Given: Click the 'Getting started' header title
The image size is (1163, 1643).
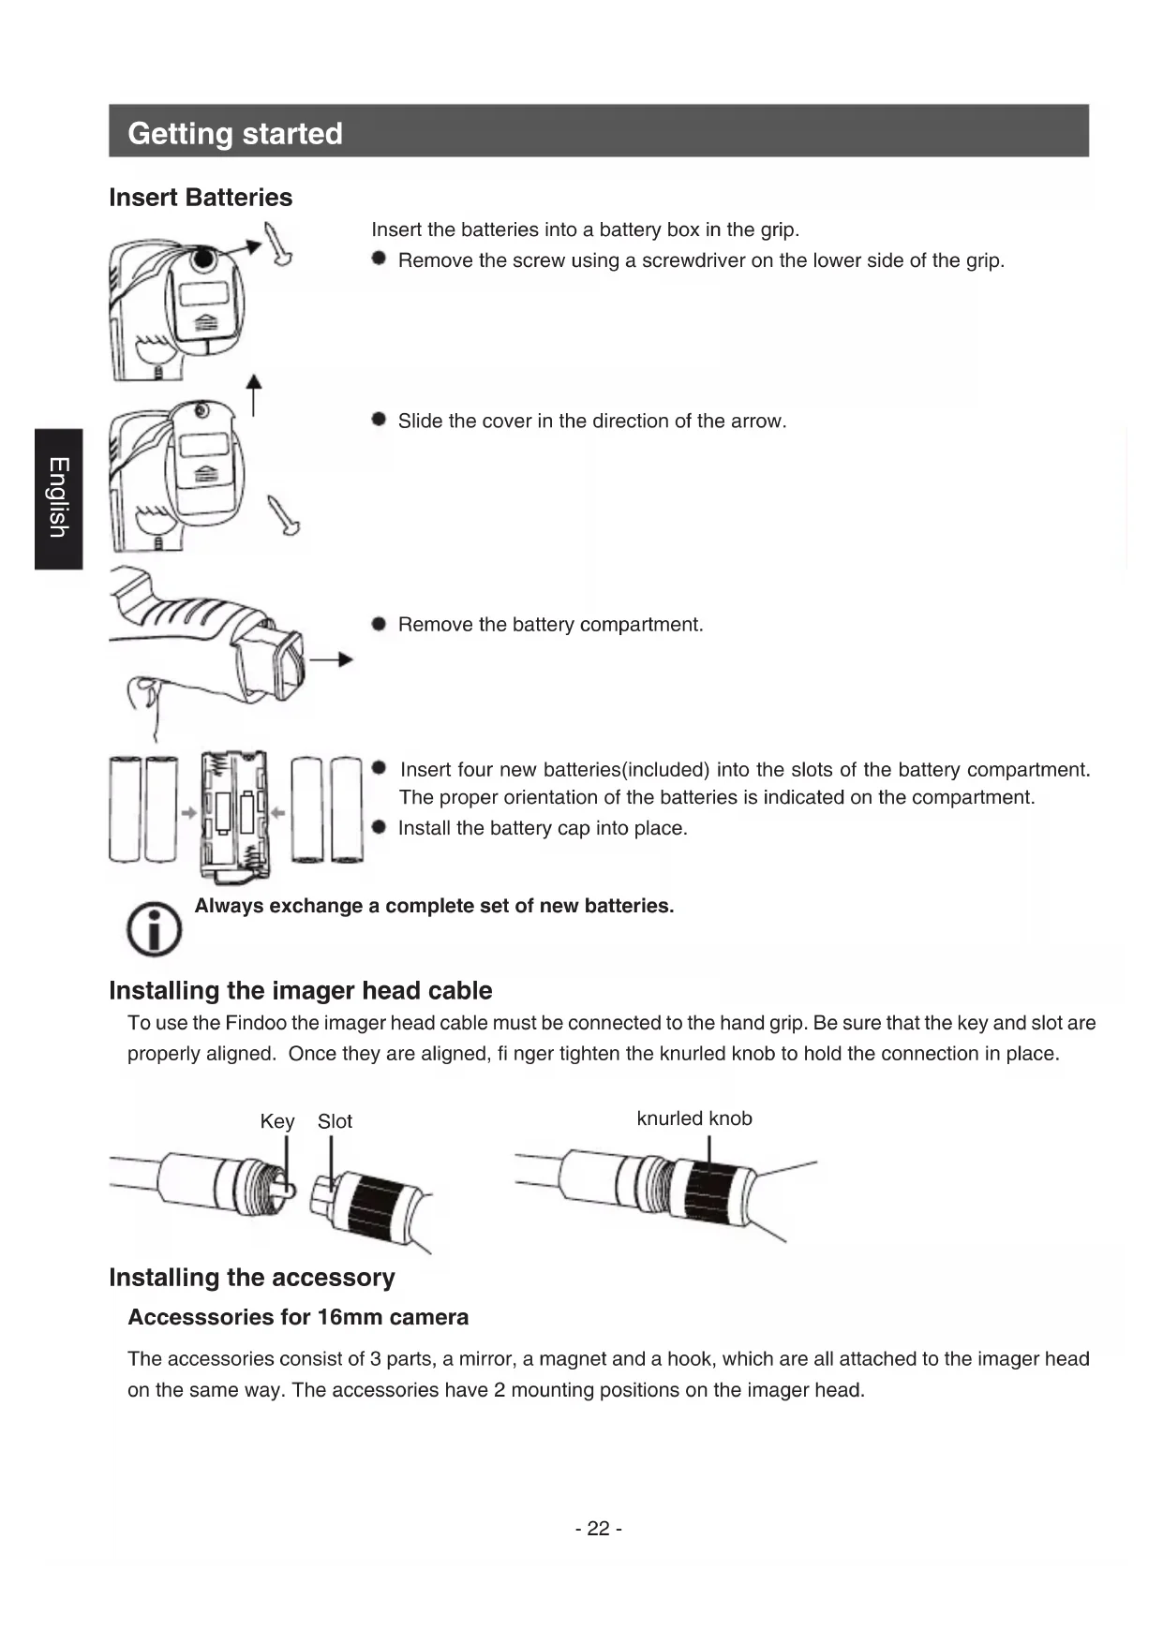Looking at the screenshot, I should pyautogui.click(x=235, y=133).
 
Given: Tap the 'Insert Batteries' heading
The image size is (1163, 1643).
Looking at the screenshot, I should pyautogui.click(x=201, y=198).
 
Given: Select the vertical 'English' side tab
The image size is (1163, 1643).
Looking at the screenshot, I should pyautogui.click(x=58, y=497).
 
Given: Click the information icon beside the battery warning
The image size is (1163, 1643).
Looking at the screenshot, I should pyautogui.click(x=154, y=929).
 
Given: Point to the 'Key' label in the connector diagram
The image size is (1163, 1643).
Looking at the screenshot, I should pyautogui.click(x=276, y=1121).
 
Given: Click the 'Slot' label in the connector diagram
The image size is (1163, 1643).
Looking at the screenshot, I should pyautogui.click(x=335, y=1121).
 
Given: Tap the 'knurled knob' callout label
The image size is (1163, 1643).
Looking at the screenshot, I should pyautogui.click(x=693, y=1118).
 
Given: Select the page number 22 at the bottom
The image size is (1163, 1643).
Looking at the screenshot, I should pyautogui.click(x=598, y=1529).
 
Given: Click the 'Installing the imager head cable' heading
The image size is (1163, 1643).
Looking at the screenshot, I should pyautogui.click(x=300, y=990).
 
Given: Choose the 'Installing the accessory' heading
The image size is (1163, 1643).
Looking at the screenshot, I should pyautogui.click(x=251, y=1278).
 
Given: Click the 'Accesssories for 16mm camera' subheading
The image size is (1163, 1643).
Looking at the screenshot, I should pyautogui.click(x=298, y=1317).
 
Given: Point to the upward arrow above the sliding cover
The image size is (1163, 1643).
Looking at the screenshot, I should pyautogui.click(x=254, y=393).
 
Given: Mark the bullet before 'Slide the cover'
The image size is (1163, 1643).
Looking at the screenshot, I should pyautogui.click(x=379, y=420).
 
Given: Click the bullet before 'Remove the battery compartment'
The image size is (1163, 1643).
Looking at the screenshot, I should pyautogui.click(x=379, y=624).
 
